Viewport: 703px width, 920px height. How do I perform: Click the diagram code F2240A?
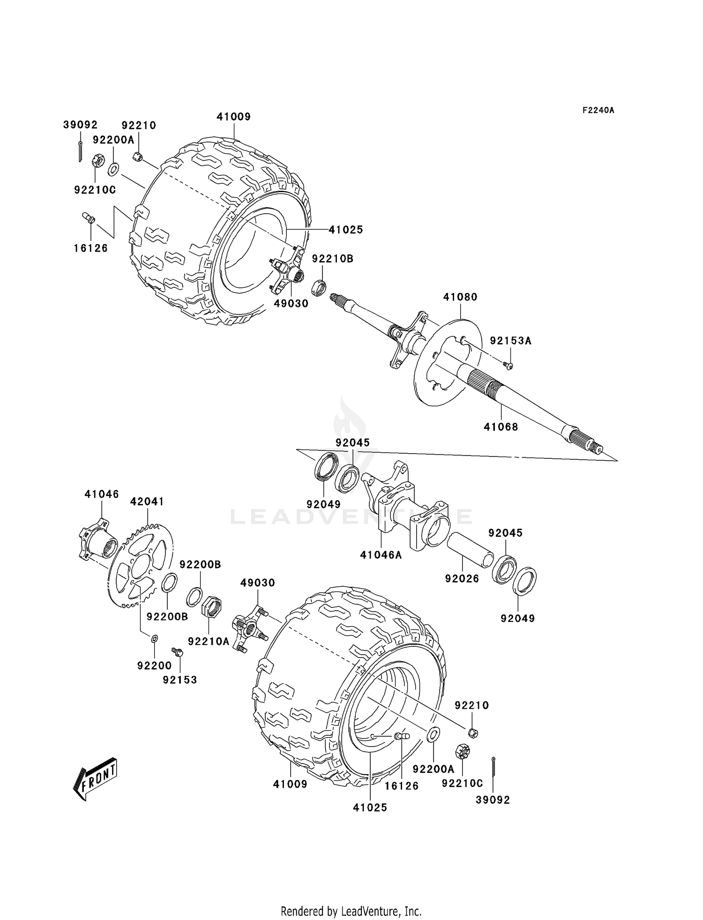coord(598,111)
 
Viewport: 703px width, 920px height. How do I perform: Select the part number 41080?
coord(460,297)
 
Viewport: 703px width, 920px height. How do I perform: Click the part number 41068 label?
coord(501,427)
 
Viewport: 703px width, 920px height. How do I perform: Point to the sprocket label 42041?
coord(147,501)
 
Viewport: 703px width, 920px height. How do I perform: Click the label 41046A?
coord(381,555)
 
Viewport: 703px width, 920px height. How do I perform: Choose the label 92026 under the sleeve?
coord(462,579)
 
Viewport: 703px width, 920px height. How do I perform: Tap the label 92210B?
coord(332,259)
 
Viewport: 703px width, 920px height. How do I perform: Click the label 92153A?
coord(510,341)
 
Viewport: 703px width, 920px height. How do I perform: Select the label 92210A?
coord(208,641)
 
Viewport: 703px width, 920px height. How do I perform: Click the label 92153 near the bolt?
coord(180,680)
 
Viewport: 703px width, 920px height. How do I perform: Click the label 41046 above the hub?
coord(102,494)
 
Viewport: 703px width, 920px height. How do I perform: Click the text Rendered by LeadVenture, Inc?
coord(351,911)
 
